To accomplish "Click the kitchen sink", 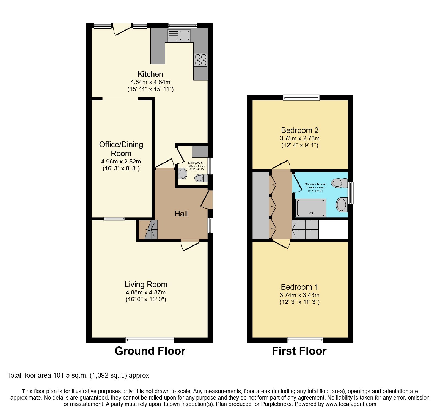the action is pos(179,36).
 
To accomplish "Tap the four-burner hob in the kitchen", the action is pos(200,60).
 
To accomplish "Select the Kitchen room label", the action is pos(150,74).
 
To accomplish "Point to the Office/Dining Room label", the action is pos(121,149).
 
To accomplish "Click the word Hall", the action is pos(181,214).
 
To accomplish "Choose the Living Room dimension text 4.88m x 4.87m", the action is pos(146,292).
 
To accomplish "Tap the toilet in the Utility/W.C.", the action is pos(201,178).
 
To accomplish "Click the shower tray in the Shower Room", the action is pos(311,208).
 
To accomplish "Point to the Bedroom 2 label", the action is pos(300,130).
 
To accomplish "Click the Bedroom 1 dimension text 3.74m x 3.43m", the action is pos(299,295).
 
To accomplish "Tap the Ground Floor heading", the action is pos(150,351).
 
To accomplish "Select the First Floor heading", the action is pos(299,351).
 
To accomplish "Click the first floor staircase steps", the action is pos(305,229).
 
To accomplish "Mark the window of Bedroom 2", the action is pos(301,97).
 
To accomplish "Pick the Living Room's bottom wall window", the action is pos(150,340).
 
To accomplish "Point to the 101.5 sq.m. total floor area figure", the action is pos(70,375).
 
